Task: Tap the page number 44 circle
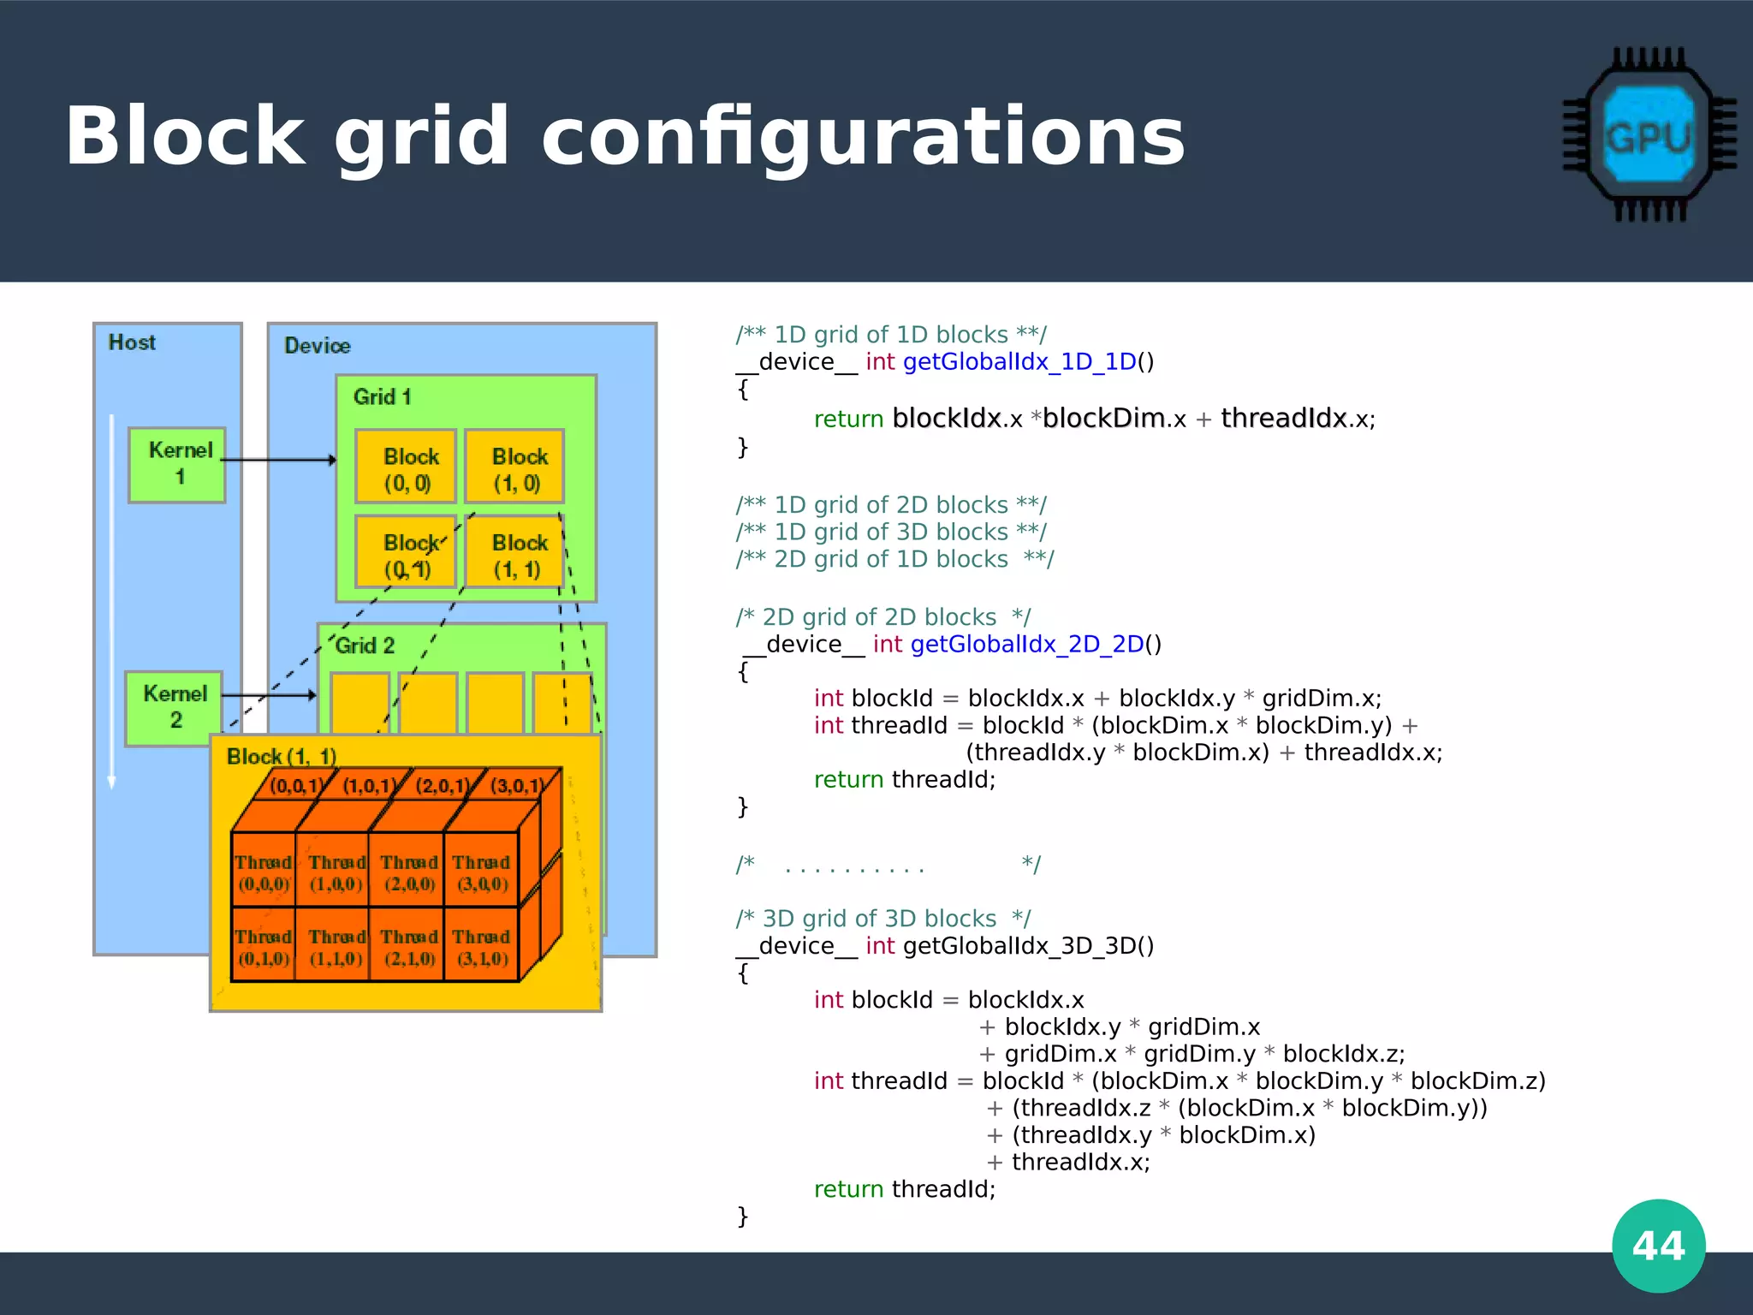coord(1658,1245)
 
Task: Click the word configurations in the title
coord(863,137)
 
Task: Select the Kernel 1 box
coord(177,465)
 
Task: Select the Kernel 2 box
coord(174,708)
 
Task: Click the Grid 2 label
coord(365,646)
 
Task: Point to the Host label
coord(132,342)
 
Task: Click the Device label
coord(318,346)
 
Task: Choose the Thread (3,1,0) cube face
coord(482,947)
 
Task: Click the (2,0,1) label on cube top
coord(442,786)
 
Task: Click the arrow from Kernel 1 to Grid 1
coord(278,460)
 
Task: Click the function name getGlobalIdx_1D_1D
coord(1019,362)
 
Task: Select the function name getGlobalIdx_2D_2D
coord(1026,645)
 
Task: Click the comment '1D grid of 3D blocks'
coord(890,533)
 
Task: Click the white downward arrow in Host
coord(111,599)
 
